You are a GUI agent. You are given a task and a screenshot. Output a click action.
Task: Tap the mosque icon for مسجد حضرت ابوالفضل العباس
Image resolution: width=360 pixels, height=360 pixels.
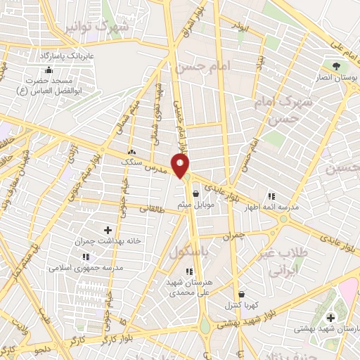49,70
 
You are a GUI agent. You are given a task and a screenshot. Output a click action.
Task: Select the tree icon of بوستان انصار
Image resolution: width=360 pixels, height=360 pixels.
337,66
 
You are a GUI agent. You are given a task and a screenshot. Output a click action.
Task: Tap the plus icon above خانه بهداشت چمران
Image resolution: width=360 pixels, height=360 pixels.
108,230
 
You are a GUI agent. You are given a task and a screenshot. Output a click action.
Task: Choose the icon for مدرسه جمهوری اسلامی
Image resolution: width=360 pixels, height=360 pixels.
85,257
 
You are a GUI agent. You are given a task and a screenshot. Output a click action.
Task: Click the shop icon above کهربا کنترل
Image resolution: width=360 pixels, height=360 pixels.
242,295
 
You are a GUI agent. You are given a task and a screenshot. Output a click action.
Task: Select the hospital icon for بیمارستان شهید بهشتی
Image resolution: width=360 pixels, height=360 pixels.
330,319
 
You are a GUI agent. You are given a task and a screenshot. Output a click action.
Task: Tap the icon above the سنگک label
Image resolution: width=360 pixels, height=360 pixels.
131,152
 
